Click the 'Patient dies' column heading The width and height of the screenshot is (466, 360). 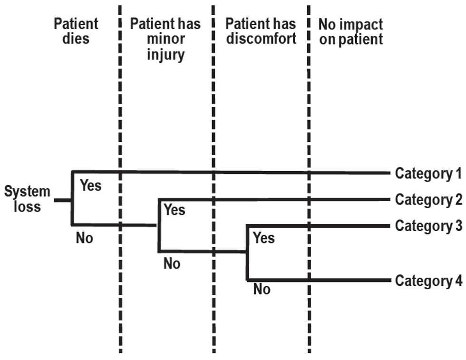tap(76, 31)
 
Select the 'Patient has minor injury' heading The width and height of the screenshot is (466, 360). tap(165, 39)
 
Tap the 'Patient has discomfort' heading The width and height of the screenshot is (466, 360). tap(261, 31)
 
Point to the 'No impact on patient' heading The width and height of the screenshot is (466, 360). tap(351, 31)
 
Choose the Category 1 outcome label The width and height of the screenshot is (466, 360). tap(428, 174)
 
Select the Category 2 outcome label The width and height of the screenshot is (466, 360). tap(428, 200)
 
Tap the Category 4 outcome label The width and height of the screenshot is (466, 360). tap(428, 281)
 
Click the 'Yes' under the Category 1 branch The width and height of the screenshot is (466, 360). tap(90, 185)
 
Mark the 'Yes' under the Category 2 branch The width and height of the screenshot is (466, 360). tap(175, 210)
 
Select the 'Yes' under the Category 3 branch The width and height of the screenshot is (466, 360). tap(263, 237)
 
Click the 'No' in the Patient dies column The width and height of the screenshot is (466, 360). tap(84, 238)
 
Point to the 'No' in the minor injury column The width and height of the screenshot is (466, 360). tap(172, 263)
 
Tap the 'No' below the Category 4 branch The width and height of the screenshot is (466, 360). tap(262, 289)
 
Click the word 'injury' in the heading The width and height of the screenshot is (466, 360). tap(165, 55)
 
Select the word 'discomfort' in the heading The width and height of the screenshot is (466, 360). tap(261, 39)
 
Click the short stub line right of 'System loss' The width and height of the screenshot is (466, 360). tap(62, 200)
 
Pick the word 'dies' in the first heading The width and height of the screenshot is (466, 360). tap(76, 39)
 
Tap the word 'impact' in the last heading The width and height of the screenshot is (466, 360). tap(363, 24)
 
